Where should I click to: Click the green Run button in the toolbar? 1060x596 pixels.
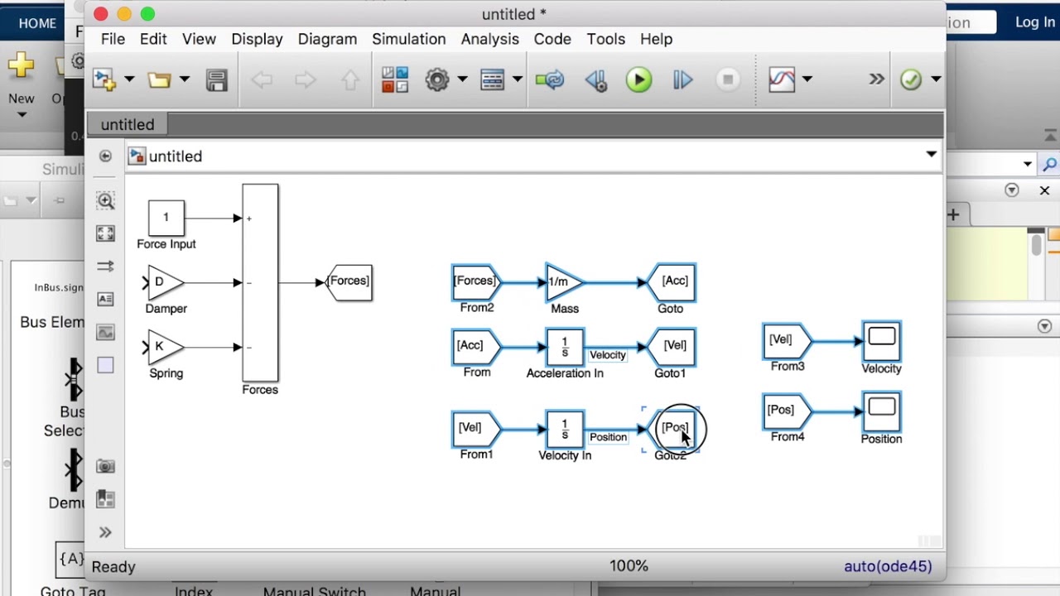(x=638, y=79)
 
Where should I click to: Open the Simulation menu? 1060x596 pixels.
(x=408, y=39)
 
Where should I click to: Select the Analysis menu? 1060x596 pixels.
(x=489, y=39)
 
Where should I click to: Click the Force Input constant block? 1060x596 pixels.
(x=166, y=218)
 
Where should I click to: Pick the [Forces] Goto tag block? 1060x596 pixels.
(x=349, y=281)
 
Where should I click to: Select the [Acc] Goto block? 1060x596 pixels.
(x=673, y=281)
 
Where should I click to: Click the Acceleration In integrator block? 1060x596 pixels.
(x=565, y=347)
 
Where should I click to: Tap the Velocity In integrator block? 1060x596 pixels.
(x=565, y=429)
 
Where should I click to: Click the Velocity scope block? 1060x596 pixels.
(x=881, y=340)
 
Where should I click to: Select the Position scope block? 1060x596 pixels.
(x=881, y=411)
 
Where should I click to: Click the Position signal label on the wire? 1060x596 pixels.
(x=608, y=437)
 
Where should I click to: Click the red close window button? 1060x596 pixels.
(x=100, y=14)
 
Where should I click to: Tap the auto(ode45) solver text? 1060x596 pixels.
(x=887, y=566)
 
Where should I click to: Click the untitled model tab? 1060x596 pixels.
(x=128, y=124)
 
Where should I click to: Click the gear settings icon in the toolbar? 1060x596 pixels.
(x=437, y=79)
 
